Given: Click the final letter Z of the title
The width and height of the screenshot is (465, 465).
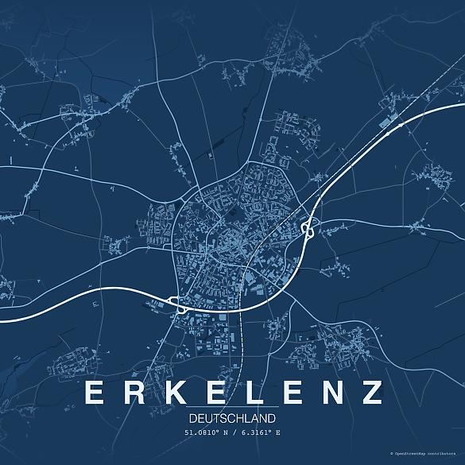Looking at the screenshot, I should (370, 393).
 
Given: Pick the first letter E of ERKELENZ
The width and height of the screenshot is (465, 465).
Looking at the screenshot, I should (94, 393).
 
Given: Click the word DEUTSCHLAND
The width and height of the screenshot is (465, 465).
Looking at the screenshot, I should (233, 417).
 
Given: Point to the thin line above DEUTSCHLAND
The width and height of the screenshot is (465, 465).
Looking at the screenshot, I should (233, 408).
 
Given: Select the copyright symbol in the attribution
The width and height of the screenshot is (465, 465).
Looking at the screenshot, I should (392, 452).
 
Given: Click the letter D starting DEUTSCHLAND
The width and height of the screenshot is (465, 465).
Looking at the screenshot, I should (193, 417).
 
